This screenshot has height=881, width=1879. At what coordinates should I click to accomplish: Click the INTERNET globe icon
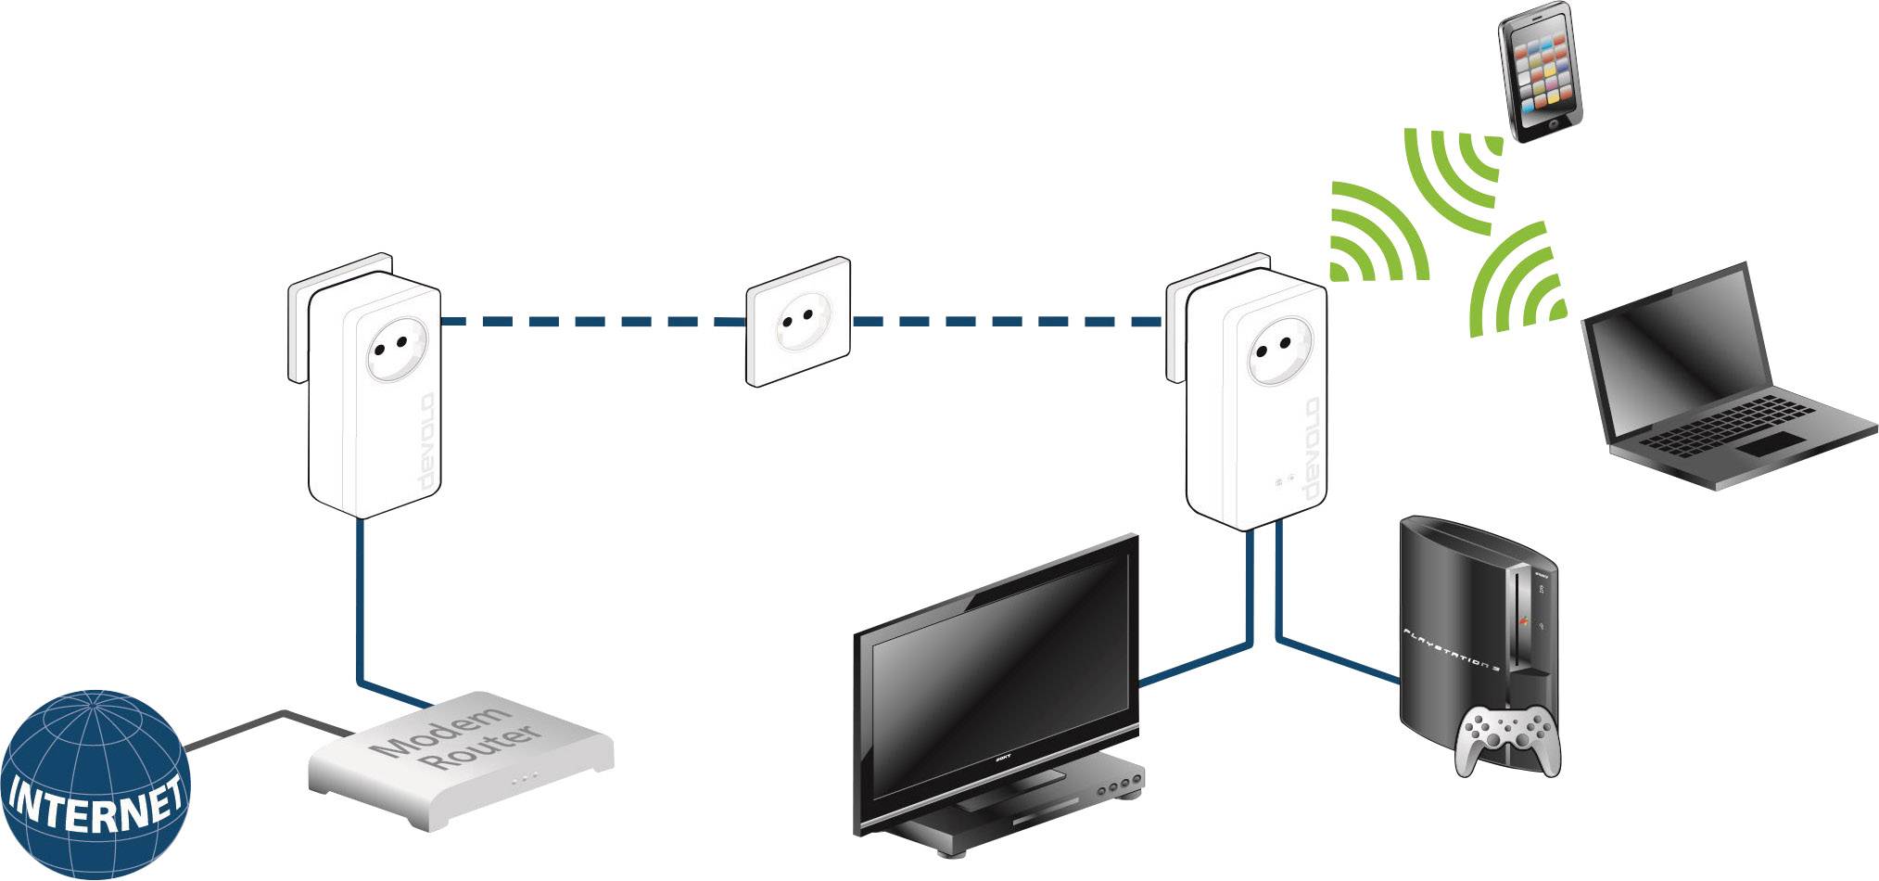(95, 785)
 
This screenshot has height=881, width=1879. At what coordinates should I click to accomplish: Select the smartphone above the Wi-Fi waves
(1540, 71)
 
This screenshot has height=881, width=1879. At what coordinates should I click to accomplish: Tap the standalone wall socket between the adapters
(798, 321)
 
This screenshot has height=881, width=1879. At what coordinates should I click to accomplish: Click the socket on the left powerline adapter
(390, 351)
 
